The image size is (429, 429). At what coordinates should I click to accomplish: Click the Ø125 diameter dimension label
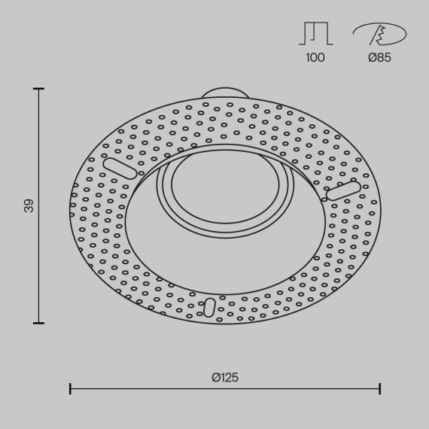click(x=225, y=377)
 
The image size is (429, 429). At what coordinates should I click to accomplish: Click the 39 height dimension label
click(x=29, y=205)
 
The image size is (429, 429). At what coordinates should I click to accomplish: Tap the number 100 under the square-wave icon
click(x=315, y=58)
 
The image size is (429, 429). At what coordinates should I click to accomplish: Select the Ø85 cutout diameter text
click(x=379, y=58)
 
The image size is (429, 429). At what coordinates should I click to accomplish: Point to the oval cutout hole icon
click(x=379, y=34)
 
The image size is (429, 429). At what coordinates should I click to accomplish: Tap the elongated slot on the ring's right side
click(x=343, y=191)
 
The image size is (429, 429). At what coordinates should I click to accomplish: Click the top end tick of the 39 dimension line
click(x=40, y=89)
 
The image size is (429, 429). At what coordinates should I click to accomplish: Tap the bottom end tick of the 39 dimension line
click(x=40, y=323)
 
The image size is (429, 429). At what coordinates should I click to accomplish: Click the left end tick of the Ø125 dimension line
click(x=70, y=388)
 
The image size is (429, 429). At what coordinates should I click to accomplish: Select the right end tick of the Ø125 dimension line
click(x=380, y=388)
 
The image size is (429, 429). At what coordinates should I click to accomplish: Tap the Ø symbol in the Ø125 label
click(x=214, y=377)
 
